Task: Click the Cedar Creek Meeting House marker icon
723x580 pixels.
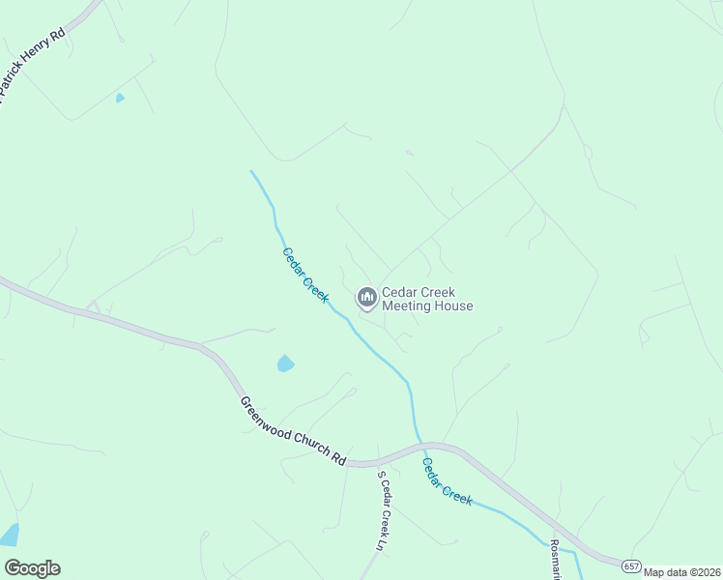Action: (366, 297)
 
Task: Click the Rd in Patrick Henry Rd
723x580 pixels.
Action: (58, 34)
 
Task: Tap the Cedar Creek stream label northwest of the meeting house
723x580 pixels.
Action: (305, 274)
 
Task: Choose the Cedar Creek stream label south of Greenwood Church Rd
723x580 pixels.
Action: (446, 480)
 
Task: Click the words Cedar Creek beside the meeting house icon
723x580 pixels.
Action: (418, 292)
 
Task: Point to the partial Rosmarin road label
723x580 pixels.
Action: (556, 561)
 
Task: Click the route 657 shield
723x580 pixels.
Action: (631, 565)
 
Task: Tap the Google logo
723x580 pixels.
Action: (32, 568)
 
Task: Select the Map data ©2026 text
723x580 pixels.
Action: (682, 572)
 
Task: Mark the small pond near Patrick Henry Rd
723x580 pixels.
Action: (120, 98)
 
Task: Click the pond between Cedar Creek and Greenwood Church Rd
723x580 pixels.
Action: (285, 363)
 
